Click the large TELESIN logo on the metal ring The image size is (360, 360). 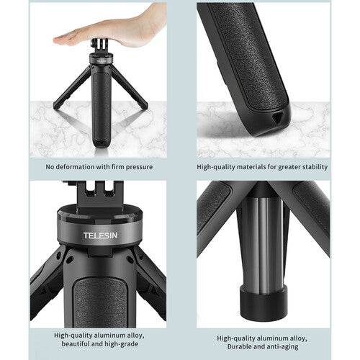tap(101, 235)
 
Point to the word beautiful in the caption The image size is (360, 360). tap(75, 343)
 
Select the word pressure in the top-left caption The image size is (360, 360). tap(139, 167)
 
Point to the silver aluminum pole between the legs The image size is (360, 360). tap(263, 245)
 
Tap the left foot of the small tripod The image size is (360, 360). tap(57, 106)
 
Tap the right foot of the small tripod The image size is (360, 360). tap(144, 106)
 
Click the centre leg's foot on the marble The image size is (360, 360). tap(102, 143)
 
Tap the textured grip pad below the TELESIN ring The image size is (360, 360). tap(100, 302)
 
